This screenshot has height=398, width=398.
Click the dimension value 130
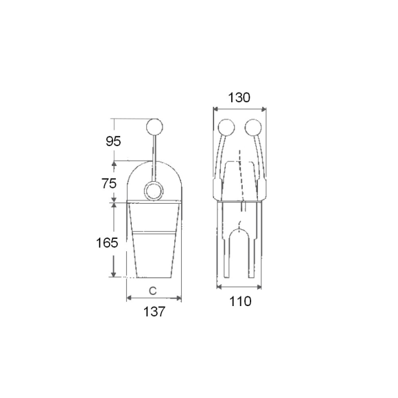(x=239, y=97)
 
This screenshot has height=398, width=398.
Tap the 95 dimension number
(x=113, y=141)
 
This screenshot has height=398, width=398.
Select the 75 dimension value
(x=109, y=183)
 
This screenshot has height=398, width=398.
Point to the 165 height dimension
(x=107, y=243)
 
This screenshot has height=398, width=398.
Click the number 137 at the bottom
(x=154, y=312)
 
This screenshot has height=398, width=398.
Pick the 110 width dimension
(x=240, y=301)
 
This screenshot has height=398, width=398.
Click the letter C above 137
(x=152, y=291)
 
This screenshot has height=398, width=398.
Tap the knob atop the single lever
(x=155, y=127)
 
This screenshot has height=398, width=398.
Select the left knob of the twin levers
(x=226, y=127)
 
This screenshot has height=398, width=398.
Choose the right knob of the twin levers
(x=253, y=127)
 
